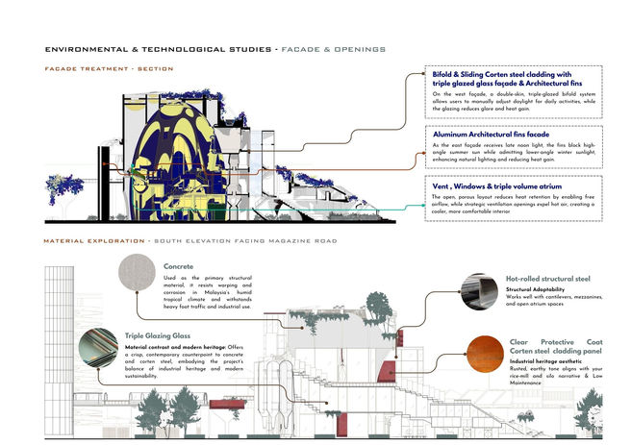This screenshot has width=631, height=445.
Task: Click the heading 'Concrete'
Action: point(179,266)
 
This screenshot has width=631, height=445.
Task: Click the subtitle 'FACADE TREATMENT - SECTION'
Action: point(109,69)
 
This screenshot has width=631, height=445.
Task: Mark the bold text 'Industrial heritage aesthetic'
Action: point(545,361)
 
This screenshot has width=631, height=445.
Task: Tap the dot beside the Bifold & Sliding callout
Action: point(423,73)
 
